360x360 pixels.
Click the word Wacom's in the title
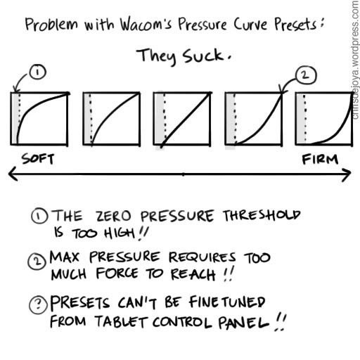click(x=146, y=24)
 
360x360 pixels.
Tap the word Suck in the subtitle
click(x=203, y=56)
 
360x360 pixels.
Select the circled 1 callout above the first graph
click(x=38, y=72)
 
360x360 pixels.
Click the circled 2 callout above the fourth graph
click(x=306, y=75)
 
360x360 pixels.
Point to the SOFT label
click(x=38, y=159)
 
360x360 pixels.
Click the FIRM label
click(x=320, y=160)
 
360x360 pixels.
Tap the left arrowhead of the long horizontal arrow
click(x=13, y=174)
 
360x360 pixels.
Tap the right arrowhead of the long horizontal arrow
click(x=346, y=174)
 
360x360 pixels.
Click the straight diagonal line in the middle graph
click(x=185, y=120)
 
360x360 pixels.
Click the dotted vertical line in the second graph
click(x=91, y=118)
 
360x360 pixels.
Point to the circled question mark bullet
click(x=38, y=305)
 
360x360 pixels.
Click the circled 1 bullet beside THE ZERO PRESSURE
click(x=40, y=216)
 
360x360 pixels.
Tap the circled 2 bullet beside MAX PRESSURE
click(x=37, y=262)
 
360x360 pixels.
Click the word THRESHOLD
click(x=262, y=215)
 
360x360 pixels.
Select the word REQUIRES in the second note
click(x=202, y=257)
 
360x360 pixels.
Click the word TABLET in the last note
click(x=122, y=321)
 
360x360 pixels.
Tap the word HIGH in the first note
click(x=120, y=233)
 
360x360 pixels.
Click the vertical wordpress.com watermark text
click(x=356, y=60)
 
